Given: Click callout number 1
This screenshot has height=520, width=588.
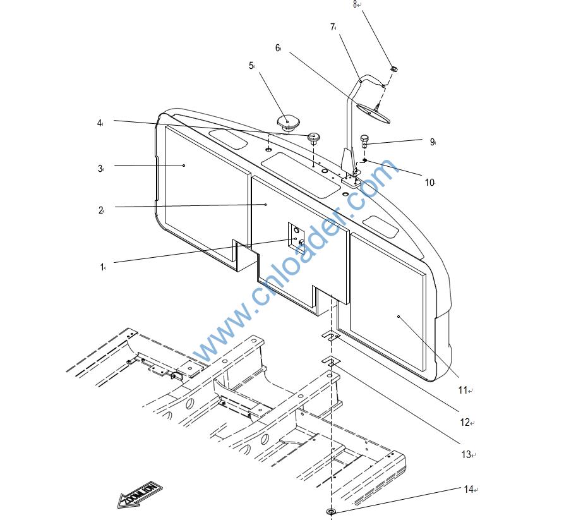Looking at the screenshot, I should [101, 267].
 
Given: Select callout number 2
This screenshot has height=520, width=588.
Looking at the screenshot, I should [100, 210].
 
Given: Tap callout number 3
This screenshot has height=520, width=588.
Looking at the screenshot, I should [100, 169].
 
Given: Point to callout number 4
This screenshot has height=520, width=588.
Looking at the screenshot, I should [99, 123].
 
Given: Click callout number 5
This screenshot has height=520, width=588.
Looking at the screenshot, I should [251, 66].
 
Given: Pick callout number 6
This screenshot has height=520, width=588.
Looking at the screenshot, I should [277, 48].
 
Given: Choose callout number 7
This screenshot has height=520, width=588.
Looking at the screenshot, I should [332, 27].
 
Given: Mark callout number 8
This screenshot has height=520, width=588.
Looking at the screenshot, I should [355, 4].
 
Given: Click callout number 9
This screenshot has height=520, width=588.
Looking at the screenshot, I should [432, 142].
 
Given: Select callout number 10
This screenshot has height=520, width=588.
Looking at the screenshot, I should [429, 183].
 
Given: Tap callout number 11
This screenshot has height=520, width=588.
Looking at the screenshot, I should [462, 390].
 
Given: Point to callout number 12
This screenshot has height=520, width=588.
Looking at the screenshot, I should [464, 423].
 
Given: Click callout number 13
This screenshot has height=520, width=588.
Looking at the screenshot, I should [465, 454].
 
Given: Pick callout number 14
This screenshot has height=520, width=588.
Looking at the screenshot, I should [468, 489].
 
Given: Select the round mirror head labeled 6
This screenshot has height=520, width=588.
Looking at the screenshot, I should [373, 112].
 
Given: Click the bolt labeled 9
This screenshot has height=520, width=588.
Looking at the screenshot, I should [364, 139].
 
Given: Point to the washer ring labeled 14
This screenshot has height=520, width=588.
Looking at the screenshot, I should [330, 511].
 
